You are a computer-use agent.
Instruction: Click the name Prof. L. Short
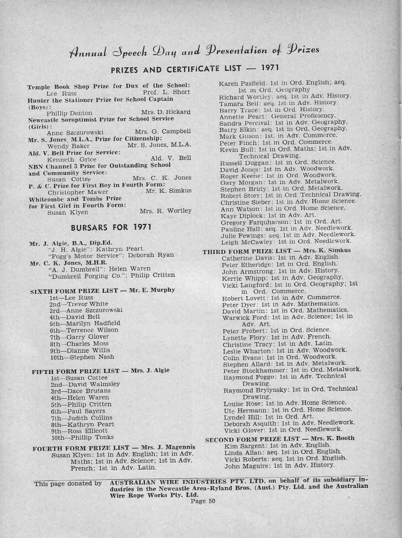166,92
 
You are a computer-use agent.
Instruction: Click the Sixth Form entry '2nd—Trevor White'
79,304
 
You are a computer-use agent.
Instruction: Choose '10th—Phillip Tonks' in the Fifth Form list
82,437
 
